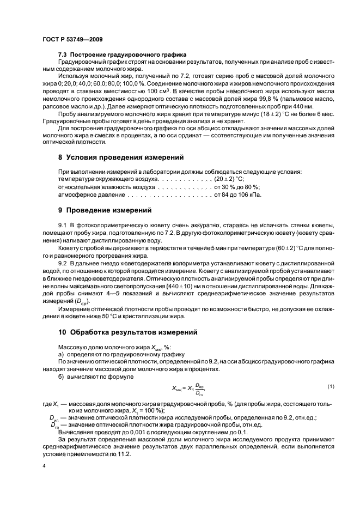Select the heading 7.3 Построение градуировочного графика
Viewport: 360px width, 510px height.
[x=122, y=55]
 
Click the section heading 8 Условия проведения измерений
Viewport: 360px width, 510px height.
[x=121, y=157]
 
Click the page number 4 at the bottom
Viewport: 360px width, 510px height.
[x=44, y=467]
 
